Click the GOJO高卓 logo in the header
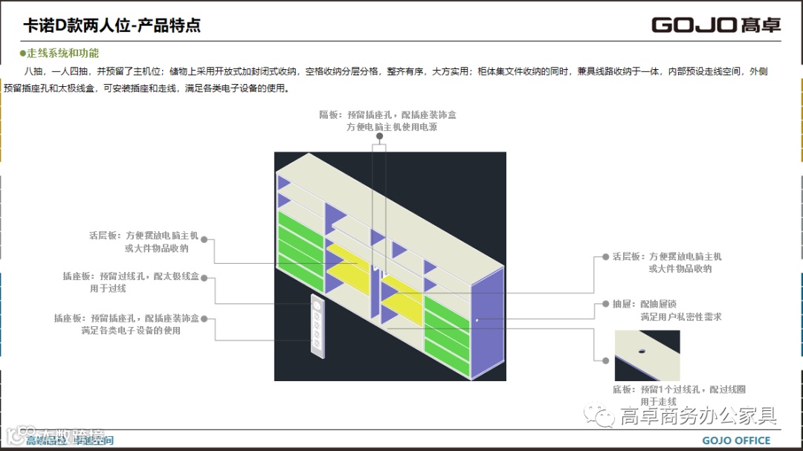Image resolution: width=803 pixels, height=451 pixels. pos(716,25)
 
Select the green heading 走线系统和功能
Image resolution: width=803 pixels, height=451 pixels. pos(62,53)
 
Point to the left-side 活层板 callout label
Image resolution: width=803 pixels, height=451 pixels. pos(143,241)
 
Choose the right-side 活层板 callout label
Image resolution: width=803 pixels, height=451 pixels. pos(667,262)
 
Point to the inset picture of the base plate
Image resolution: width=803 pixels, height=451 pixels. pos(647,356)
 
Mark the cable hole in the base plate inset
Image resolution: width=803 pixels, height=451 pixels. pos(642,349)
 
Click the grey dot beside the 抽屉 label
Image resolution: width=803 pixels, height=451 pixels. pos(605,305)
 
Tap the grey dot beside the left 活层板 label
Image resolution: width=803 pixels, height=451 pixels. pos(204,240)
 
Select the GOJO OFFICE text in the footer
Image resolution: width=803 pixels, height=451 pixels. pos(736,441)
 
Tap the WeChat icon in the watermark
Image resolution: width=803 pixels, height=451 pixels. pos(598,415)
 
